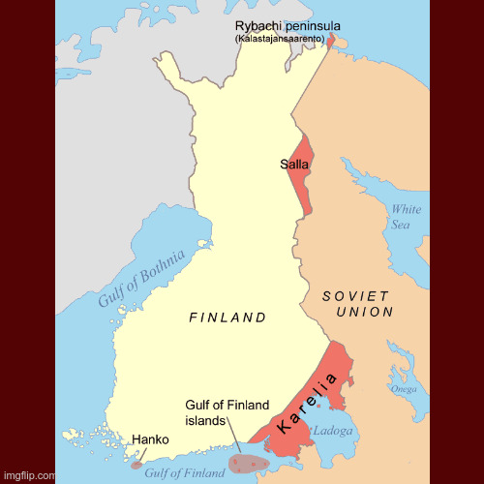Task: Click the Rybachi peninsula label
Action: (287, 25)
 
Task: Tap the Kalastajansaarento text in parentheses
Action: (279, 39)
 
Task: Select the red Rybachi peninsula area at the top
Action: (336, 41)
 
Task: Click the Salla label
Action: (294, 165)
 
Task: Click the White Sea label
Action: (406, 217)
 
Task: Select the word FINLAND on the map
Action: (227, 318)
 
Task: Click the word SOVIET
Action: (355, 295)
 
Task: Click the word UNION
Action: (365, 312)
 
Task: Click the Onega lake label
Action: (404, 389)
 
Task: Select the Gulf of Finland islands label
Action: (227, 412)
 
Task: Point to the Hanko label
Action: (150, 439)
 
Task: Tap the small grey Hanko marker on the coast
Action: (136, 464)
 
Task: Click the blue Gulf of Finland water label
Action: (184, 472)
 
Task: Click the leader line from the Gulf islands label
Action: (233, 436)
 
